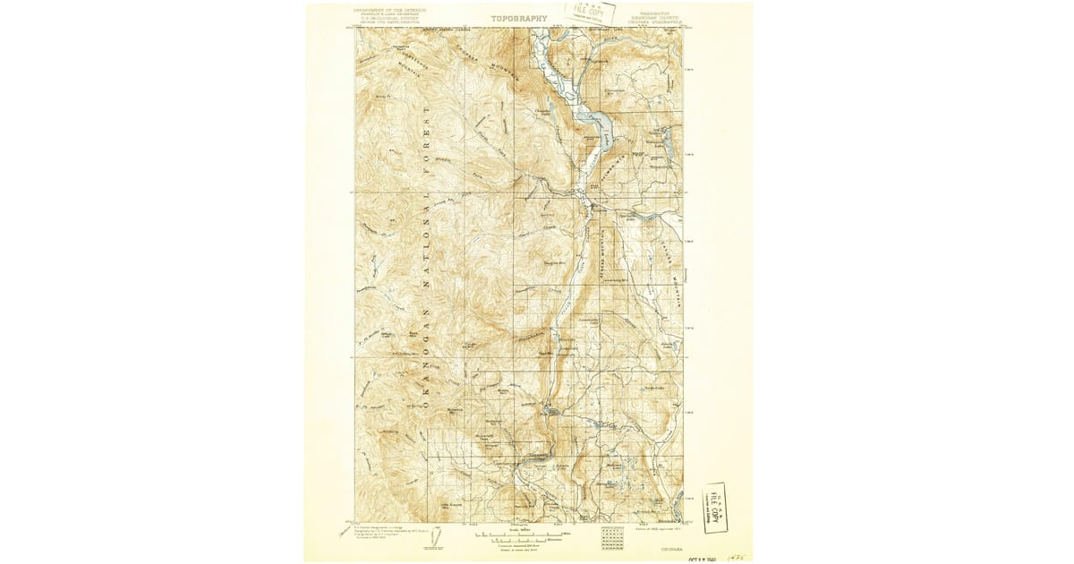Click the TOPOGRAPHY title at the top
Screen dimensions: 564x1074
tap(518, 17)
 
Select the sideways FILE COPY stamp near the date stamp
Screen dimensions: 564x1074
tap(715, 508)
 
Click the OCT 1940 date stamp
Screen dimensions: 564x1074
tap(700, 557)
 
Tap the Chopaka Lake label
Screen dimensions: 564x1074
tap(541, 112)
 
